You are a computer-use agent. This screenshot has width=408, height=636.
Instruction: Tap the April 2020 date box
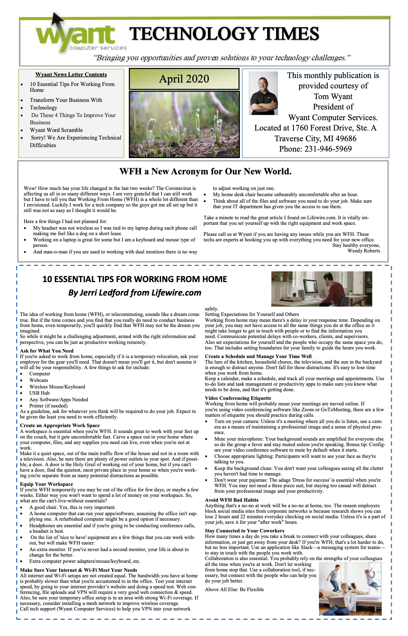[184, 79]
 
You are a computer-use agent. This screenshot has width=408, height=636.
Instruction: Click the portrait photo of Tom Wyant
[263, 93]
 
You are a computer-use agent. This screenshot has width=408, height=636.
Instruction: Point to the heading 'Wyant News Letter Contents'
[71, 75]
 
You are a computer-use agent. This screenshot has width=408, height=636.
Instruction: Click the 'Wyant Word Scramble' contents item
[56, 130]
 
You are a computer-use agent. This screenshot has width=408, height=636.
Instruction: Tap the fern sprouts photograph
[184, 124]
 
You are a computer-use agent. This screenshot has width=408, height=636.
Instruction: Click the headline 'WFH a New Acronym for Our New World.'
[205, 172]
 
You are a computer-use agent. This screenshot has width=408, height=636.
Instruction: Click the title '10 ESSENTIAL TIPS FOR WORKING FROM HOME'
[135, 279]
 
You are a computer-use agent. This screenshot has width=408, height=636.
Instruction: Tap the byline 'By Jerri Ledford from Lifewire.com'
[135, 293]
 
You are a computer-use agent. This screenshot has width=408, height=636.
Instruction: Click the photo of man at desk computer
[321, 289]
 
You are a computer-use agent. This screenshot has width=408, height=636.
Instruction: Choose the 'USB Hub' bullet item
[39, 393]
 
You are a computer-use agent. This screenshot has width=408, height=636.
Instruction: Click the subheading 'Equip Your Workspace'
[46, 484]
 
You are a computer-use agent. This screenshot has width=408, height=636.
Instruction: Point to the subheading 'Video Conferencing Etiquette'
[238, 398]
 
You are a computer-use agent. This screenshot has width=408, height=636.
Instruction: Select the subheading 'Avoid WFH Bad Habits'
[232, 500]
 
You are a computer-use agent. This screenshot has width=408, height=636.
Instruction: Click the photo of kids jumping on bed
[350, 589]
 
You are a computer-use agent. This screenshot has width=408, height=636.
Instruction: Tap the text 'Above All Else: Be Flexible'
[234, 589]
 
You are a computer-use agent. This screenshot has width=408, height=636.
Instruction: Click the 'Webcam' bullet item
[39, 380]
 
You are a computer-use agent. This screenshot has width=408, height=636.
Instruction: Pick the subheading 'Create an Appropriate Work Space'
[60, 425]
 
